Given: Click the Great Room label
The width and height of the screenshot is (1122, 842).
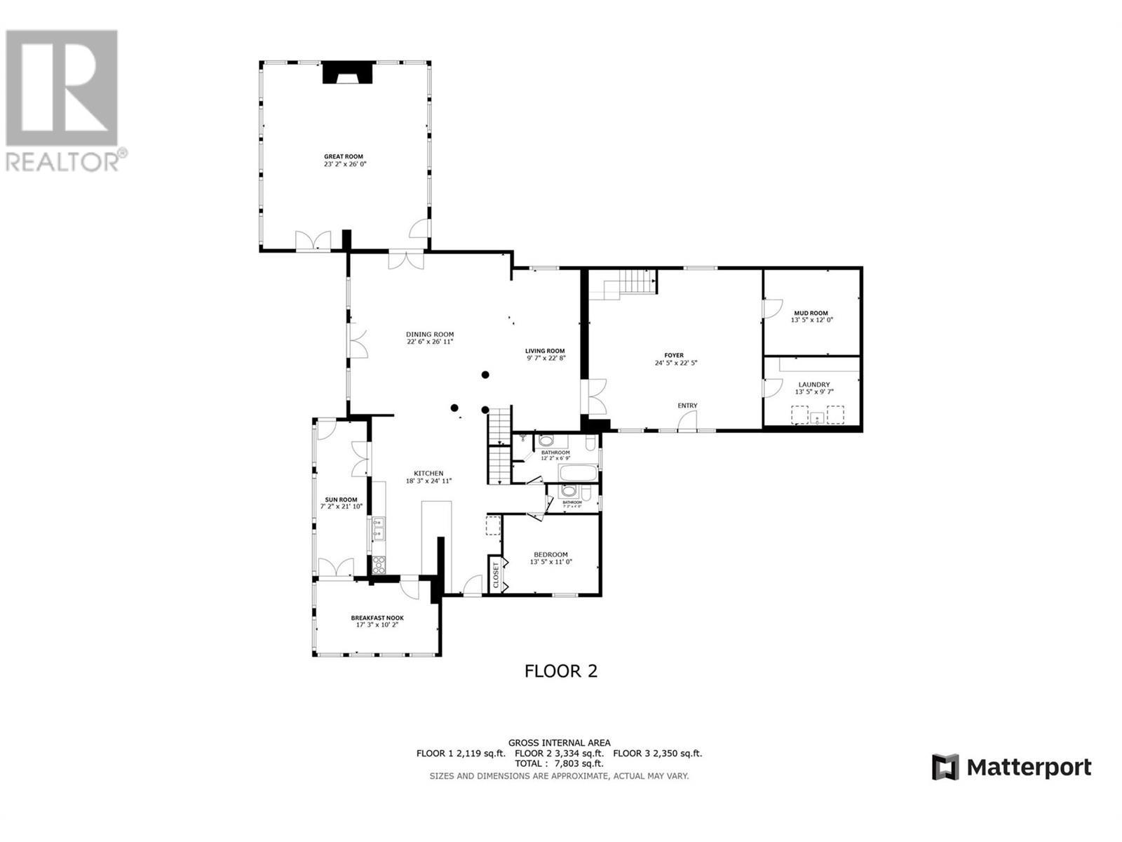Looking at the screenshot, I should click(x=344, y=156).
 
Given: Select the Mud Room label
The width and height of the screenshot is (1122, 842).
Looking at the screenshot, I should click(x=811, y=313).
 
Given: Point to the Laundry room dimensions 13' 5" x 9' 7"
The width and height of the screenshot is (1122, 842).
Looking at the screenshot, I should click(x=813, y=392).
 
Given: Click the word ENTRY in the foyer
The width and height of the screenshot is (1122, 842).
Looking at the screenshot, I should click(x=687, y=406).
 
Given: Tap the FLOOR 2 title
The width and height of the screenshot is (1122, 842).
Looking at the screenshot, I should click(x=561, y=671).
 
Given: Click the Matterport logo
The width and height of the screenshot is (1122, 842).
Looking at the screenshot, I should click(x=1011, y=767).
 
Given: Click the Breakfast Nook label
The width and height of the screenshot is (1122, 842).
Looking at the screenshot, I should click(x=377, y=618).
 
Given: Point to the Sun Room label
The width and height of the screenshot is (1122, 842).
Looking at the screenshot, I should click(x=341, y=500).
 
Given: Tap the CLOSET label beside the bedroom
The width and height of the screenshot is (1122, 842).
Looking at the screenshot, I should click(x=496, y=575).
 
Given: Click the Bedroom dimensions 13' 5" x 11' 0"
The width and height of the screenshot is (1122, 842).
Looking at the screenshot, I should click(x=551, y=561).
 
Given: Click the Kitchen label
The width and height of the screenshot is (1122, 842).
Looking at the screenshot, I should click(x=428, y=474).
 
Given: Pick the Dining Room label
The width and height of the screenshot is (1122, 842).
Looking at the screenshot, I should click(x=430, y=334).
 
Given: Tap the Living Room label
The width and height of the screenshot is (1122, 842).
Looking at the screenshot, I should click(x=545, y=351).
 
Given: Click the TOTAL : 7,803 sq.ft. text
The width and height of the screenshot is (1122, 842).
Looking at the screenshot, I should click(x=559, y=763).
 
